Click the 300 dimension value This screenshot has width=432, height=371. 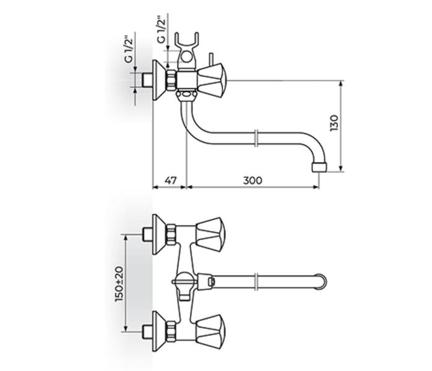253,181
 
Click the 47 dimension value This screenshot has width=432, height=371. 171,181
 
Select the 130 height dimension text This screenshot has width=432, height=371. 334,123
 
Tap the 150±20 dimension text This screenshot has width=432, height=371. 119,283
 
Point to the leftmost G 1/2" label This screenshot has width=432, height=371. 129,49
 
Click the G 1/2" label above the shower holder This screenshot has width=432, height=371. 162,30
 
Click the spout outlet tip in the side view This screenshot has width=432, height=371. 319,168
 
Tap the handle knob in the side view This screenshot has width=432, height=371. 212,80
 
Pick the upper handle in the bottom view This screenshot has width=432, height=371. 210,235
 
